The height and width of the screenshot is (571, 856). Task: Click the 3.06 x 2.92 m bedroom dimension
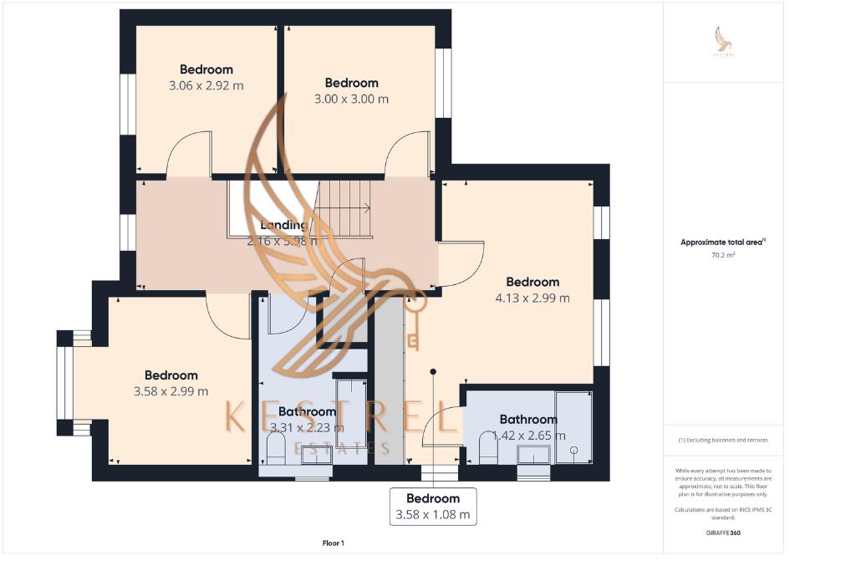(x=206, y=85)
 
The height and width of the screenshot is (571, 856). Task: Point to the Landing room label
(x=283, y=225)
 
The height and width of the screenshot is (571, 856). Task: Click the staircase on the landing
(x=344, y=208)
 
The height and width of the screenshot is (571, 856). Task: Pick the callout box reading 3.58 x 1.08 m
(x=433, y=507)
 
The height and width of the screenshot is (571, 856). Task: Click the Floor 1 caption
(x=333, y=543)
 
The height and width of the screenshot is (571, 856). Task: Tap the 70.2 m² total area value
(x=722, y=255)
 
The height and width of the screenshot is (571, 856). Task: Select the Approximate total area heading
(x=722, y=242)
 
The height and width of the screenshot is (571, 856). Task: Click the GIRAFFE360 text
(x=722, y=533)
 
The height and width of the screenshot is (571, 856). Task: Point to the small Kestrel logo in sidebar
(x=722, y=40)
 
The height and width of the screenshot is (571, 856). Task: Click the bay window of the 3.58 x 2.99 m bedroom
(x=65, y=383)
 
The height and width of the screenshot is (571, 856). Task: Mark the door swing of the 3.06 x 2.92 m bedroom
(x=188, y=155)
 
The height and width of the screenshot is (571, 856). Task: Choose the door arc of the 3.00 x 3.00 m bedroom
(x=407, y=154)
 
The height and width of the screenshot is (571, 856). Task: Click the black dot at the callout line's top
(x=433, y=371)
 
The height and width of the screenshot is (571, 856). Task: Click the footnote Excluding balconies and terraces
(x=722, y=440)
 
